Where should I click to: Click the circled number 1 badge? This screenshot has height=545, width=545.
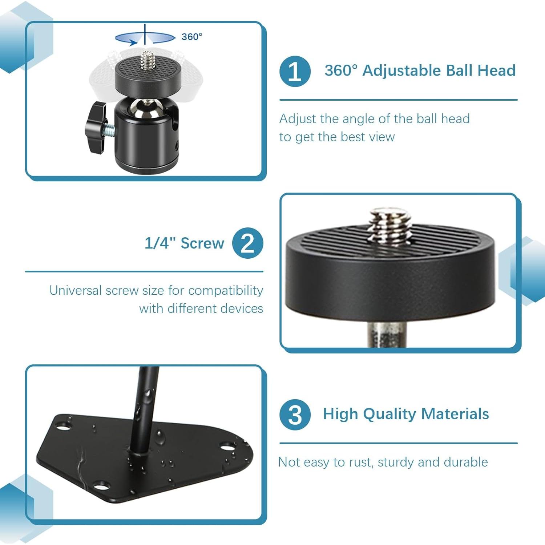click(295, 71)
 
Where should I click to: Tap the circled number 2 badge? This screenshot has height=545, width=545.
click(247, 243)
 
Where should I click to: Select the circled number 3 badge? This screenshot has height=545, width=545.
click(295, 415)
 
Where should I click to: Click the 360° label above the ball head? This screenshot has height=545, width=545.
click(192, 37)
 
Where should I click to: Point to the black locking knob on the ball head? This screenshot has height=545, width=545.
click(95, 127)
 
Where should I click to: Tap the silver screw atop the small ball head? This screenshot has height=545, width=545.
click(147, 60)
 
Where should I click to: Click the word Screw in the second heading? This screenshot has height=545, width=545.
click(202, 243)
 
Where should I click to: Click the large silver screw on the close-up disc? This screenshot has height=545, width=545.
click(390, 225)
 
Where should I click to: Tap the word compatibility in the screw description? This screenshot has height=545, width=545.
click(226, 291)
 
